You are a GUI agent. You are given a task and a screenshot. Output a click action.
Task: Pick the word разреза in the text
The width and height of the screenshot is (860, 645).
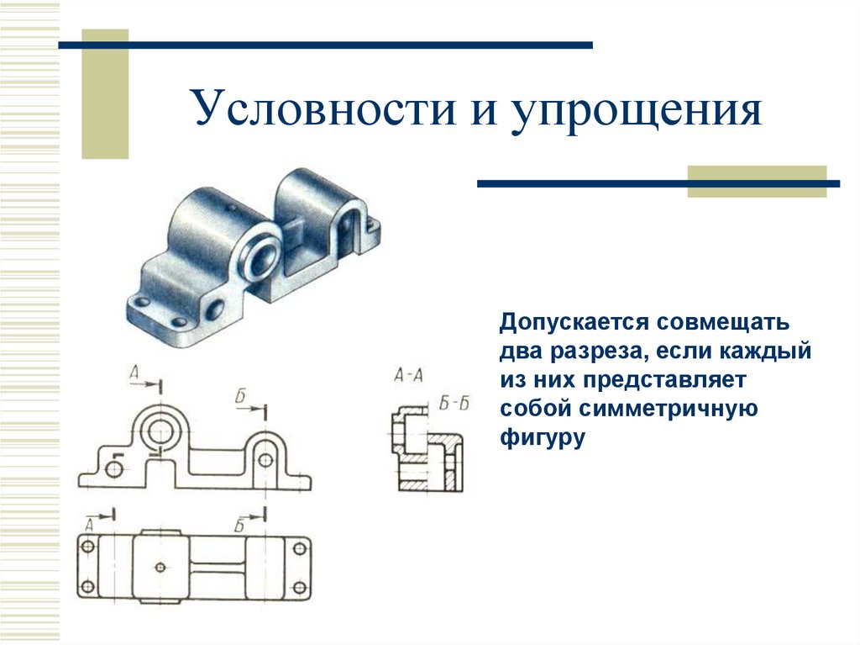tap(599, 352)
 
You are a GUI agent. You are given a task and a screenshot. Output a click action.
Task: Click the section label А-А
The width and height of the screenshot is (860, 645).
tap(408, 376)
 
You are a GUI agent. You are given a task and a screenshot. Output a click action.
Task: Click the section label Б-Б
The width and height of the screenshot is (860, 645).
tap(454, 404)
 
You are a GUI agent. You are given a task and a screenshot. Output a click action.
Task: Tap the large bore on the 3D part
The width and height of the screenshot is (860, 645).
tap(262, 251)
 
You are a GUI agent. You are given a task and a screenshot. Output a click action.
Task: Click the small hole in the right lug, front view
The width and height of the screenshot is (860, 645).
tap(265, 459)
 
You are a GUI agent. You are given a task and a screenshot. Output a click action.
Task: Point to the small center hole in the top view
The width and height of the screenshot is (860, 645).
tap(159, 566)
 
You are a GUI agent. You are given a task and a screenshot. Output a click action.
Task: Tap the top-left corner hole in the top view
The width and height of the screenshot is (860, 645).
tap(86, 547)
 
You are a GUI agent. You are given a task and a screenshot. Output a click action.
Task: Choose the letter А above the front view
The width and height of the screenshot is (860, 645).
tap(135, 373)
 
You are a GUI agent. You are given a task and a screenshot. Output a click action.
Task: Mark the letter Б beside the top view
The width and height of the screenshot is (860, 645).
tap(239, 526)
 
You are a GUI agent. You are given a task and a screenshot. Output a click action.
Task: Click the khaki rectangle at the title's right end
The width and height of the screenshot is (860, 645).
tap(757, 182)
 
